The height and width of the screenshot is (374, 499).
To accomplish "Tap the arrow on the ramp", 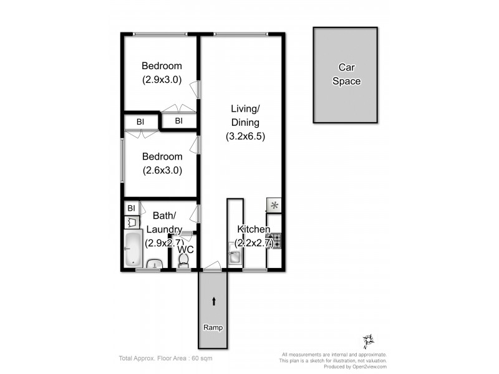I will point(214,302).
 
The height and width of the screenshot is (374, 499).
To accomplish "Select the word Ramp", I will point(213,327).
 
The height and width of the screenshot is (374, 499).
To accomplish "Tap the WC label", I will point(185,249).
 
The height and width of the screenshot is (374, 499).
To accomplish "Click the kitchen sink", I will point(235,257).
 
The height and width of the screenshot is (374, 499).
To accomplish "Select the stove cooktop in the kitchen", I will point(274,240).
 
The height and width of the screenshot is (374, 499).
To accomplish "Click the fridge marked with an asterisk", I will point(274,205).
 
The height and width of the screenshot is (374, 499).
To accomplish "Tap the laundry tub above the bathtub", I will point(132,221).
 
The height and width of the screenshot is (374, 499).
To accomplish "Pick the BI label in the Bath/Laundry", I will point(132,208).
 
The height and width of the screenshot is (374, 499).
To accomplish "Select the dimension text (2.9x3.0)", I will point(162,79).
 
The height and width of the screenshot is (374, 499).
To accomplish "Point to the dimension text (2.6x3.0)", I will point(162,170).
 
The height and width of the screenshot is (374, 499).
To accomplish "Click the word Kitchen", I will point(253,229).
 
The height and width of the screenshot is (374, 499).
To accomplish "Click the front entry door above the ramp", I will point(212,269).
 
